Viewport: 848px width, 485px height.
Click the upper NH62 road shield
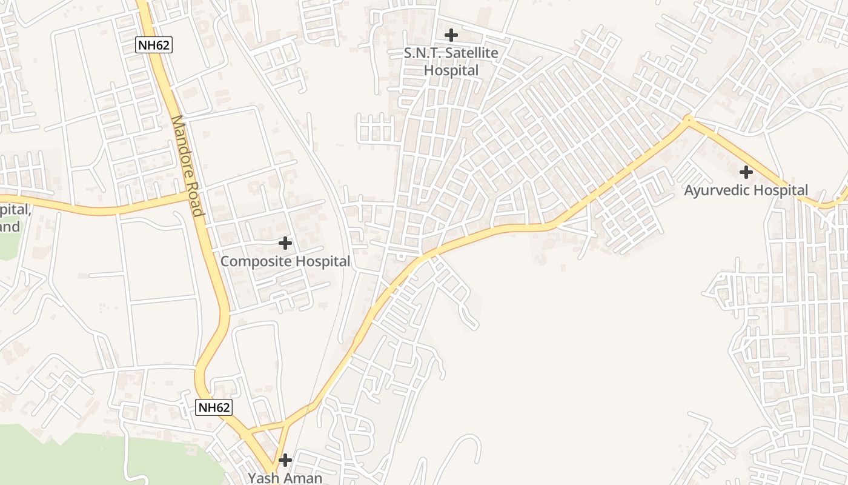pos(153,44)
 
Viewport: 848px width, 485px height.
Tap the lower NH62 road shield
pos(214,407)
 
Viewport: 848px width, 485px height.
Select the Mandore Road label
pos(187,166)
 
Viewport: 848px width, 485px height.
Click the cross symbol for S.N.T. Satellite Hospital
pos(451,35)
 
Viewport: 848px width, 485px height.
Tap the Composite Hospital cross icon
pos(285,244)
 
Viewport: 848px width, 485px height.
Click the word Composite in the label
pos(251,261)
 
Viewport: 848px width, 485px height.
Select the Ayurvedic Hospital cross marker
pos(746,172)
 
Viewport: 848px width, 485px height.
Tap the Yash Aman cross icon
pos(285,460)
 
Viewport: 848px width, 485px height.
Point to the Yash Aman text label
pos(285,478)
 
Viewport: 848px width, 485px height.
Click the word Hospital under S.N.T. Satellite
pos(451,70)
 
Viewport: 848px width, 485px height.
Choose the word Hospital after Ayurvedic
pos(781,190)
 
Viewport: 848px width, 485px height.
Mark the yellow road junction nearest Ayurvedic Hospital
pos(687,119)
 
